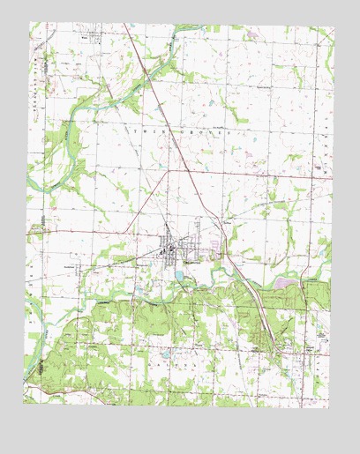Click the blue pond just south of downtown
(x=179, y=276)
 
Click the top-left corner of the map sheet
(x=29, y=24)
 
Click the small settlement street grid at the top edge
(x=86, y=37)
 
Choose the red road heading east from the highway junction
(x=265, y=176)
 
